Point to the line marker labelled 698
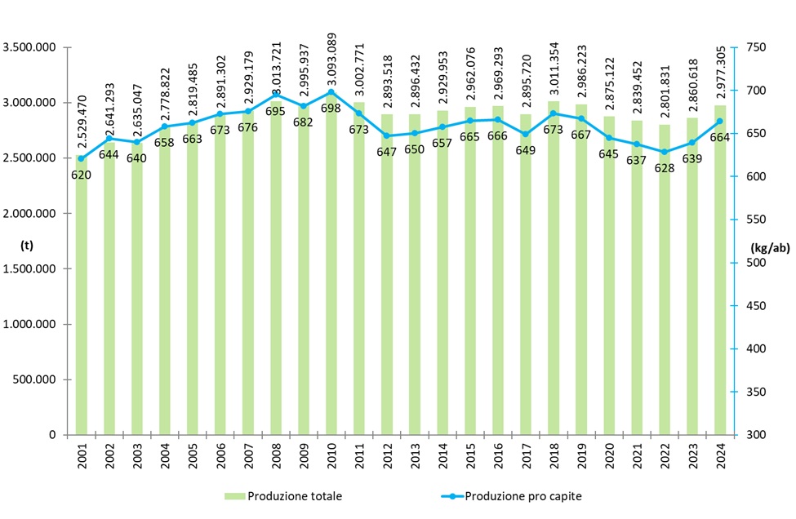tap(331, 92)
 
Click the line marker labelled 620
tap(82, 158)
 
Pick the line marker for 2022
tap(664, 152)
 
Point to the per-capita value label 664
tap(720, 137)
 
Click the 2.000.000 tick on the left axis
tap(29, 214)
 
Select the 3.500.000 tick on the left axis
tap(29, 47)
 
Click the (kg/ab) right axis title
tap(771, 249)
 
